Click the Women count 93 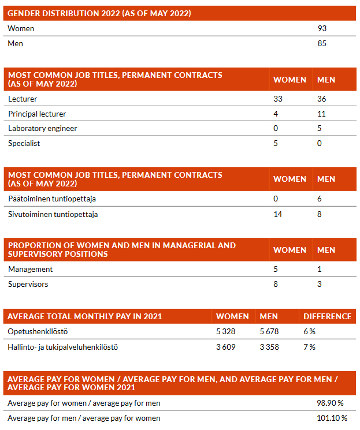point(322,28)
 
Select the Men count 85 point(322,43)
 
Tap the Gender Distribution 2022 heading point(99,13)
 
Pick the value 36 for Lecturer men point(322,99)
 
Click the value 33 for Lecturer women point(278,99)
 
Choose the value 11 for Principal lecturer point(321,114)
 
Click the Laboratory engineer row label point(43,128)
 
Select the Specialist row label point(24,143)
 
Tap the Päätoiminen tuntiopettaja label point(52,199)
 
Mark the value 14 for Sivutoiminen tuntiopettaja point(278,214)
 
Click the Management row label point(31,269)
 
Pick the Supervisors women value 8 point(276,284)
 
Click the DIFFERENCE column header point(327,316)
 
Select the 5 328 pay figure point(226,332)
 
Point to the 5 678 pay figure point(269,332)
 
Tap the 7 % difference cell point(310,347)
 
